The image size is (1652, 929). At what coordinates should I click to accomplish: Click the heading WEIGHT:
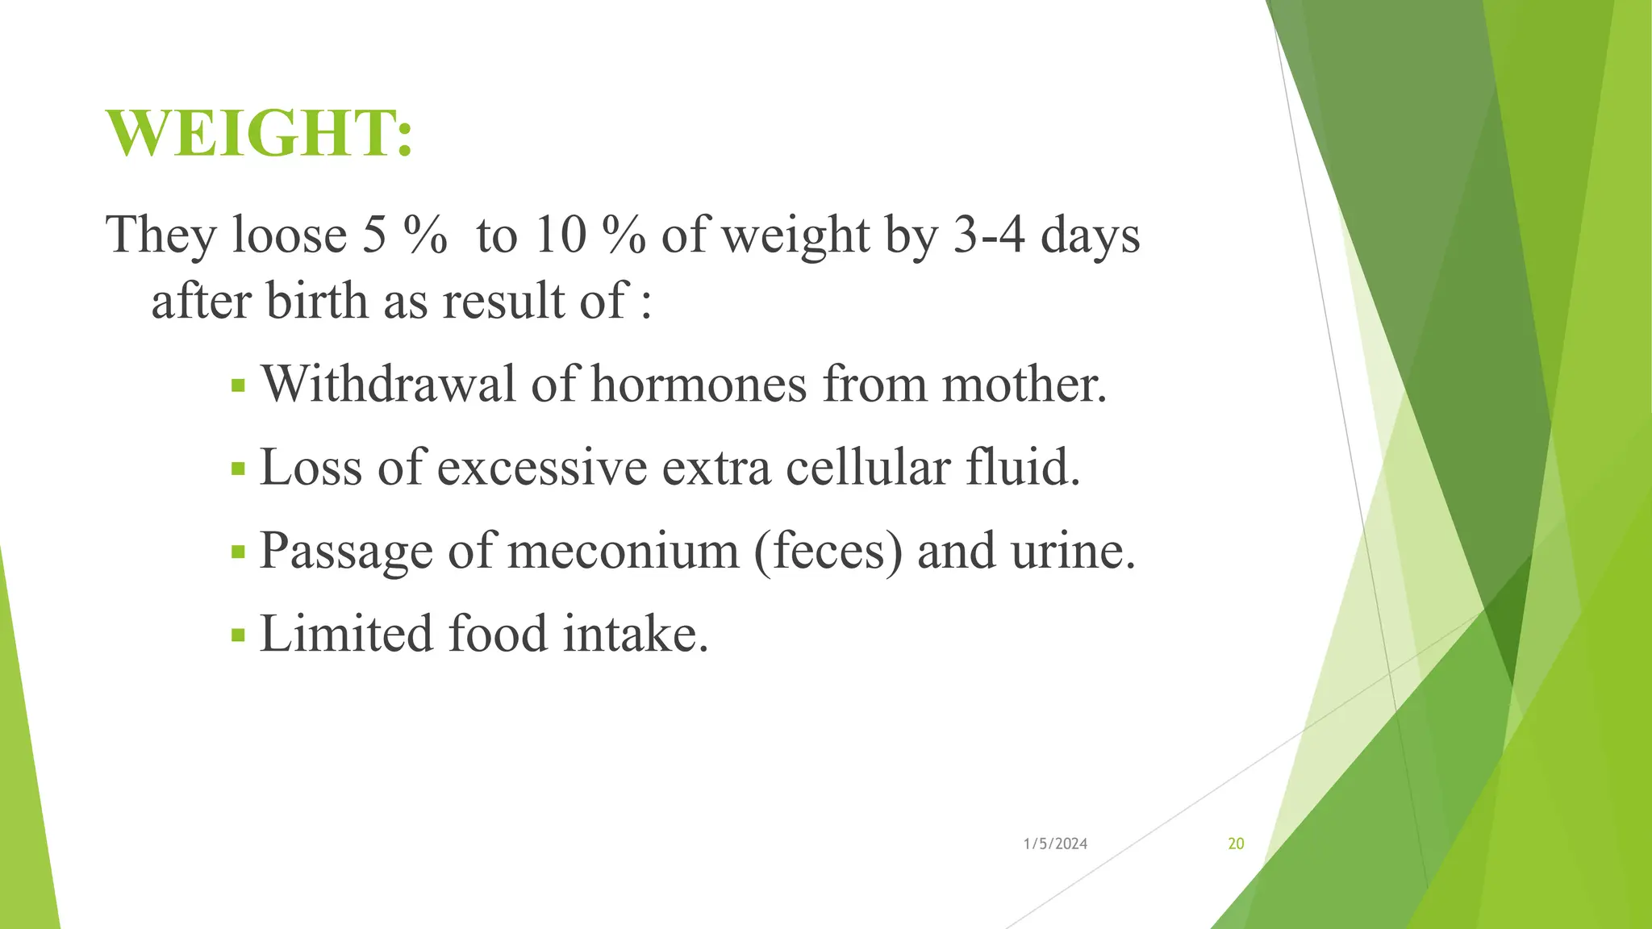(x=260, y=134)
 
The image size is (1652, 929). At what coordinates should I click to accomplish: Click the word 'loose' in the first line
(x=289, y=235)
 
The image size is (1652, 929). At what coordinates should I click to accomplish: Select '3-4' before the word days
(x=989, y=235)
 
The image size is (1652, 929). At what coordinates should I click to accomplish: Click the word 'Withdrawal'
(x=388, y=384)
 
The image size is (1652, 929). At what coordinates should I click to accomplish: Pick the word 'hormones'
(x=699, y=384)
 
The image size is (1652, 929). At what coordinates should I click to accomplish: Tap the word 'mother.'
(x=1024, y=384)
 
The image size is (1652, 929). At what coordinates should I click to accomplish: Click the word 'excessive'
(x=542, y=468)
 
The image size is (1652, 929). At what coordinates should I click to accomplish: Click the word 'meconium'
(x=623, y=552)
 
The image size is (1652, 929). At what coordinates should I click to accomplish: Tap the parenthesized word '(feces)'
(x=828, y=552)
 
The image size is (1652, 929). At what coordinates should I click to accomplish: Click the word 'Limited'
(x=346, y=634)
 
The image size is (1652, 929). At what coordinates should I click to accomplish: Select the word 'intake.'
(x=636, y=634)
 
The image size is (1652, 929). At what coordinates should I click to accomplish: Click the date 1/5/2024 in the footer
(x=1055, y=844)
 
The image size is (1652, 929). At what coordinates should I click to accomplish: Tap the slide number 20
(x=1236, y=844)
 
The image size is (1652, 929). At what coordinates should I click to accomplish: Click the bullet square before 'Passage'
(x=237, y=552)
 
